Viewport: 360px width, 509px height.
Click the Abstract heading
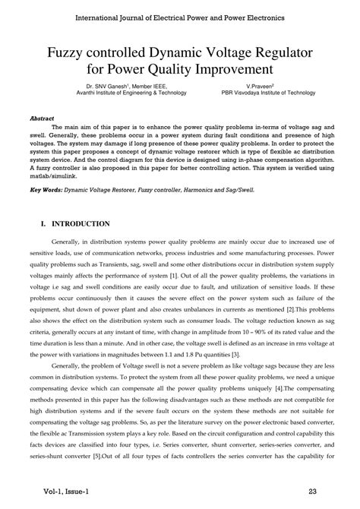pos(42,119)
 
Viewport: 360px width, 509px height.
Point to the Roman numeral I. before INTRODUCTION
pos(43,224)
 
